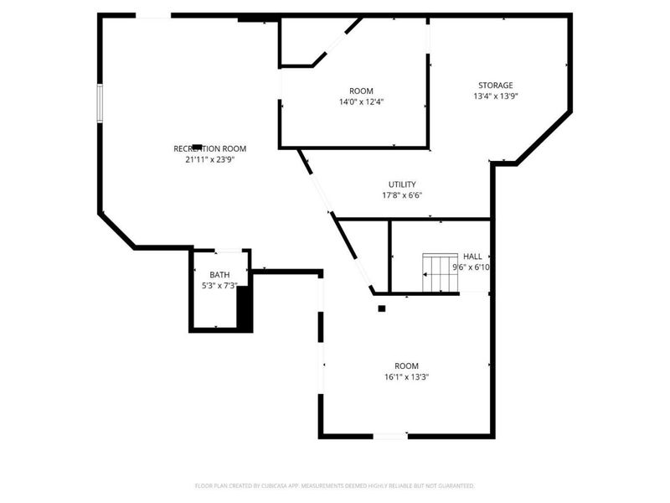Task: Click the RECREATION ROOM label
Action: point(209,148)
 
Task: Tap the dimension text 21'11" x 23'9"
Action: point(209,159)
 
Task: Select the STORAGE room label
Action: point(495,86)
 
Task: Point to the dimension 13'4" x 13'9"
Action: point(495,96)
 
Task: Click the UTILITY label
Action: point(402,184)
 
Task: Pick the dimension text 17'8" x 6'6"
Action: point(402,195)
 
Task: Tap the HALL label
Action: point(472,256)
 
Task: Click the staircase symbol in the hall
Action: point(440,272)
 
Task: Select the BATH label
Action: point(219,275)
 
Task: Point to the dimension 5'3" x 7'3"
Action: point(219,286)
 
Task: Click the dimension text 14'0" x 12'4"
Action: point(362,101)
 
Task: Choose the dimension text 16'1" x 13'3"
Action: point(406,376)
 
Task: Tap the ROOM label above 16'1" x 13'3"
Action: point(406,366)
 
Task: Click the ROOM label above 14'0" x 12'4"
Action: point(362,91)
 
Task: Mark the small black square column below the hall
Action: point(382,309)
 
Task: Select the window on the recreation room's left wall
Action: point(100,102)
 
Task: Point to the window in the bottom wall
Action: point(390,435)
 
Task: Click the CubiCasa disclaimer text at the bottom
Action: point(335,485)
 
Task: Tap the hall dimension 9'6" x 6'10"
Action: point(471,267)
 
